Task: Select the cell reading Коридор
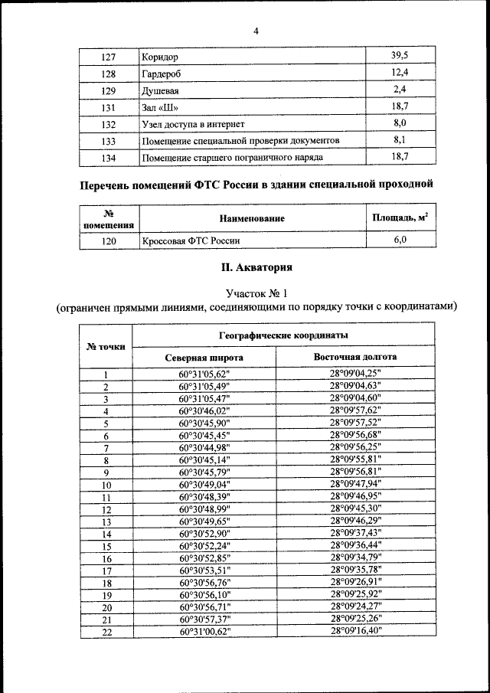[x=160, y=57]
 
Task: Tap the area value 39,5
[x=399, y=56]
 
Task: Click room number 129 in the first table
[x=109, y=90]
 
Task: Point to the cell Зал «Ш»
[x=161, y=107]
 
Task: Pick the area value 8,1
[x=399, y=140]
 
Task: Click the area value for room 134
[x=399, y=157]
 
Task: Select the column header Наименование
[x=252, y=219]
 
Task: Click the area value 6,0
[x=399, y=240]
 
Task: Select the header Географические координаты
[x=283, y=336]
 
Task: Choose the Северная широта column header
[x=204, y=358]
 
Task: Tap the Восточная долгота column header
[x=355, y=358]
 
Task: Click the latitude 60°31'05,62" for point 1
[x=204, y=374]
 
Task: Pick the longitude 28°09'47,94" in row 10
[x=355, y=485]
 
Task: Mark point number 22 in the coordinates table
[x=106, y=632]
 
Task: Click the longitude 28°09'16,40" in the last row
[x=355, y=631]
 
